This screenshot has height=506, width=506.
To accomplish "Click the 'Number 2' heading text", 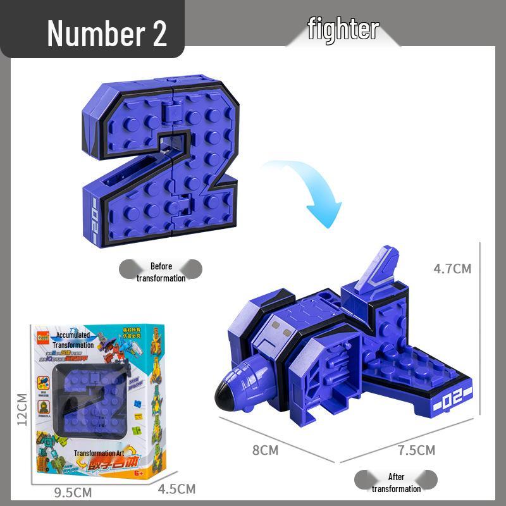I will click(106, 33).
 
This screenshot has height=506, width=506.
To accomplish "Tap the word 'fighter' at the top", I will click(343, 29).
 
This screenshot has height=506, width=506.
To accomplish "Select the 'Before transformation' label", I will click(161, 272).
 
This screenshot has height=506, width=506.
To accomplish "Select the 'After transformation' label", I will click(396, 482).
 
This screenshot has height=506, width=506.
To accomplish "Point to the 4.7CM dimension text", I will click(452, 268).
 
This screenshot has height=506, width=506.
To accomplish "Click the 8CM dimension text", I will click(265, 450).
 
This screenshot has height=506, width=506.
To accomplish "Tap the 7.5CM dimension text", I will click(416, 450).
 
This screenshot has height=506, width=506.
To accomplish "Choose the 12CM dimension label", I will click(22, 409).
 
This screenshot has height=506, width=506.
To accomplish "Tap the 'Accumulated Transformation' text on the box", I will click(75, 340).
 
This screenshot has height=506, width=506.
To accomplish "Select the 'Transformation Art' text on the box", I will click(99, 454).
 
